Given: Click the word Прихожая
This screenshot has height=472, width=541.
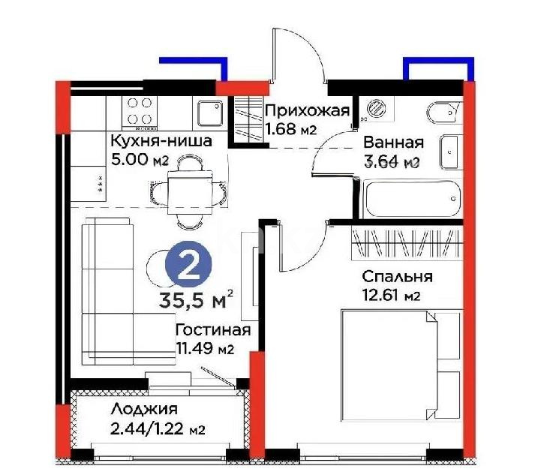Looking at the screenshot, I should click(308, 113).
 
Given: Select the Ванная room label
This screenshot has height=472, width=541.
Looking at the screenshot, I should click(393, 143).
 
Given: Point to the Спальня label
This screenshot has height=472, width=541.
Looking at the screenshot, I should click(396, 277).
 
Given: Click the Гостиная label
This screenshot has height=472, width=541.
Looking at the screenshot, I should click(212, 330).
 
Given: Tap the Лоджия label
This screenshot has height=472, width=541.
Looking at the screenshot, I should click(143, 410).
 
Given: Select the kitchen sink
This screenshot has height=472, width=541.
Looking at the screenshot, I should click(209, 114).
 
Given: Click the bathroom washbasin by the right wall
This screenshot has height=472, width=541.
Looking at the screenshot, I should click(451, 151).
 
